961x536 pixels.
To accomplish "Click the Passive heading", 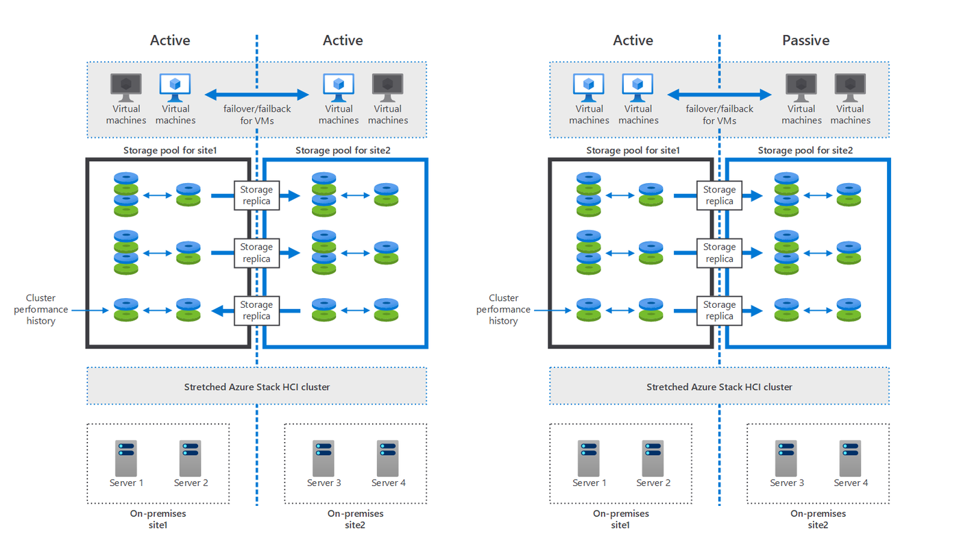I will point(805,40).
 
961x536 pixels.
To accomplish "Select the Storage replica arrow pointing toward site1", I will point(221,311).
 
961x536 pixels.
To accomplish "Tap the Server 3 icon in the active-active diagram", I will point(324,458).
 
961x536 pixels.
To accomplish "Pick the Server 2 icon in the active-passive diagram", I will point(653,458).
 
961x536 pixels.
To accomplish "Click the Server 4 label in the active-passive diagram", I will point(851,483).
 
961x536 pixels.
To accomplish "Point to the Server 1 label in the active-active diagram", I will point(127,483).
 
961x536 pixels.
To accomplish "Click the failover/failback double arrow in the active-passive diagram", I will point(720,95).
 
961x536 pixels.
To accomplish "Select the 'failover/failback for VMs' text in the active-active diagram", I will point(257,114).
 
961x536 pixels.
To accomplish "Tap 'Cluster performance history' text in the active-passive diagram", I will point(503,309).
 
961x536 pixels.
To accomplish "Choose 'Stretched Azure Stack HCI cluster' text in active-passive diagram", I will point(719,387).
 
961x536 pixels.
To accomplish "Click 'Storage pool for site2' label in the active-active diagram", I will point(343,150).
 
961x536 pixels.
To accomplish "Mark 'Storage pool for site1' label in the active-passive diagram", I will point(633,150).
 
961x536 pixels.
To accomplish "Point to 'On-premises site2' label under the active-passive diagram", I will point(818,519).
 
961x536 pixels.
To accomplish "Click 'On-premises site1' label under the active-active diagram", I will point(158,519).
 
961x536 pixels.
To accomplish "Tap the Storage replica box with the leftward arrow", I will point(256,310).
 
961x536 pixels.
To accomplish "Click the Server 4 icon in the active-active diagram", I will point(388,458).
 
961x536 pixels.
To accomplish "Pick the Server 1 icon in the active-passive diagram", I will point(588,458).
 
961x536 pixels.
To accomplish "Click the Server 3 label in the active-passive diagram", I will point(786,483).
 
